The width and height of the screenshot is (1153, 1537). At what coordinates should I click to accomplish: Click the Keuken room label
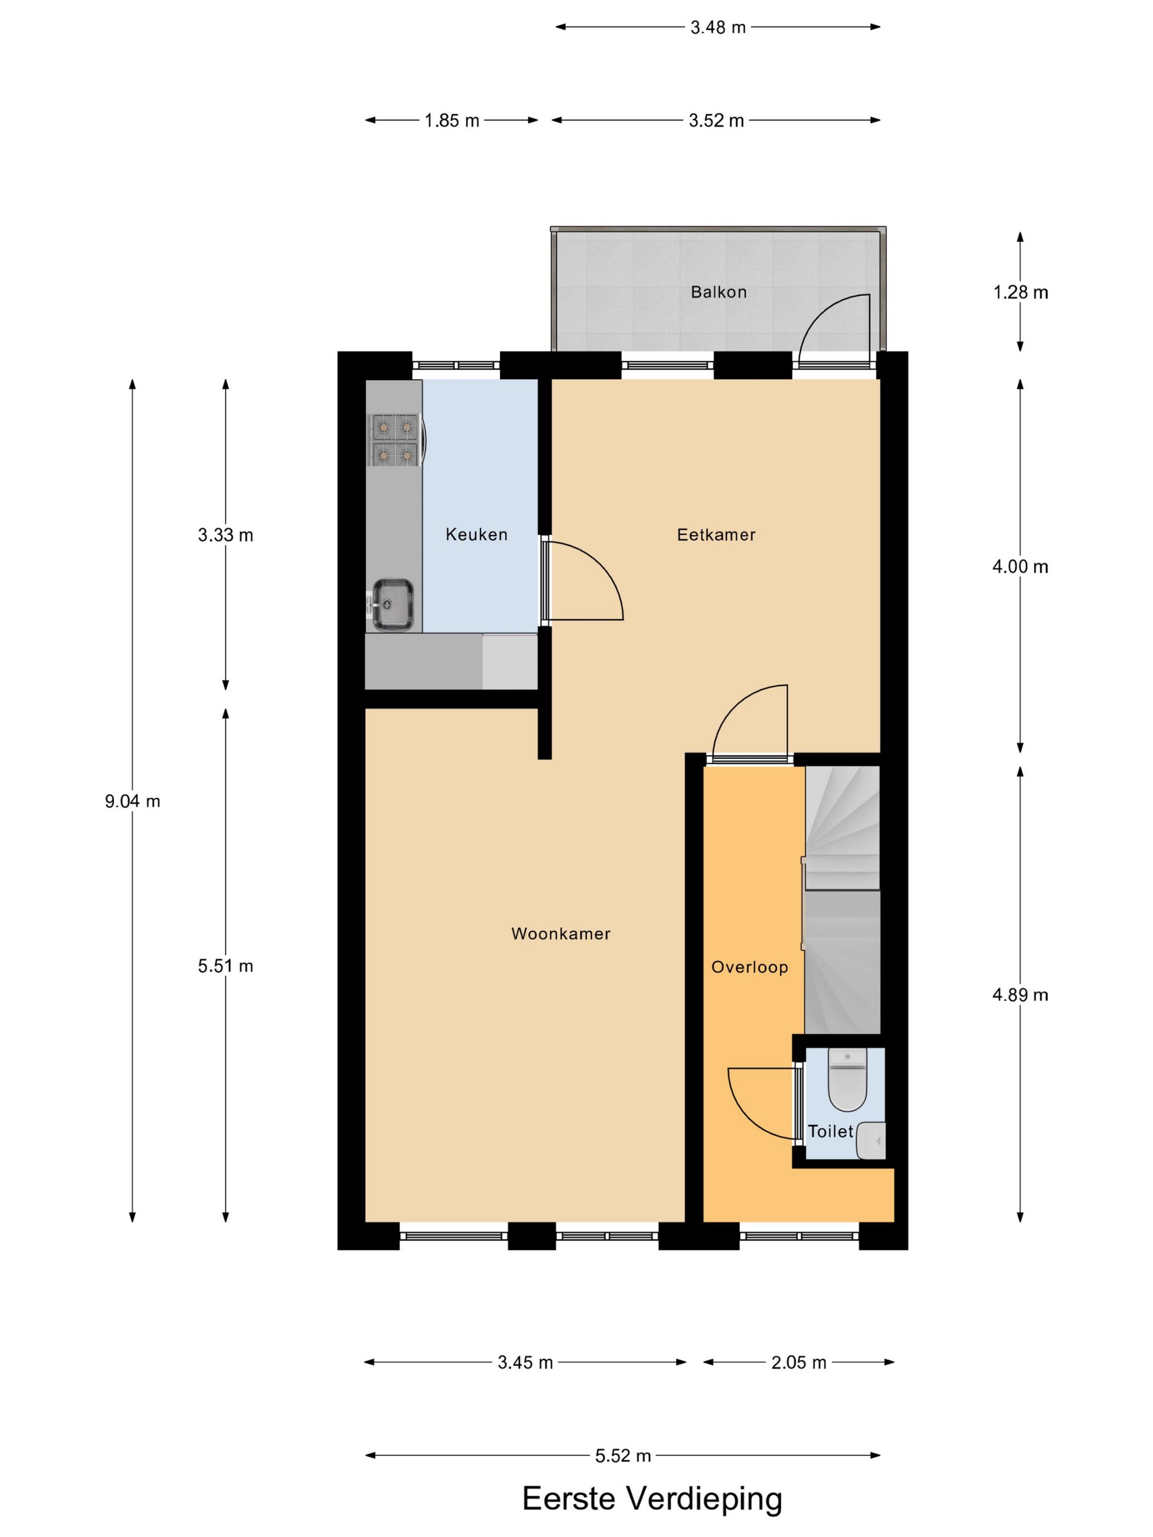[476, 534]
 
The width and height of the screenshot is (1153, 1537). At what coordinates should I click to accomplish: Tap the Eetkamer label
[716, 534]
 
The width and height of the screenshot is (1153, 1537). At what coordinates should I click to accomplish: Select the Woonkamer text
[560, 933]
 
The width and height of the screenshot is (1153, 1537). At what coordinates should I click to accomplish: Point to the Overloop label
[749, 967]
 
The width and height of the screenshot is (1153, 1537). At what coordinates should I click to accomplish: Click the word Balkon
[718, 292]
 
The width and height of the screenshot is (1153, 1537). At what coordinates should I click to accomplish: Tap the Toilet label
[830, 1131]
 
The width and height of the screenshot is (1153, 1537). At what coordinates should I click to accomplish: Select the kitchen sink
[393, 604]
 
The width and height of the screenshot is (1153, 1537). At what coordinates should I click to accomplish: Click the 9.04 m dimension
[132, 801]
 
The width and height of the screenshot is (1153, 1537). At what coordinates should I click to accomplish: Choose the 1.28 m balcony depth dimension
[1020, 293]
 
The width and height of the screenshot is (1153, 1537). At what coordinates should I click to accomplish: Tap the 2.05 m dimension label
[798, 1362]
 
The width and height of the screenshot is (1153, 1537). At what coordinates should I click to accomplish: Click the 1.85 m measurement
[452, 120]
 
